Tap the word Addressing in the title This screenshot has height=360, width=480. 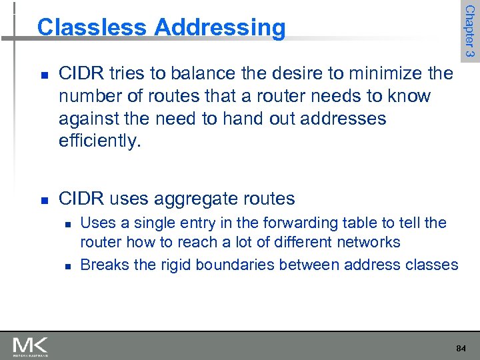pyautogui.click(x=219, y=27)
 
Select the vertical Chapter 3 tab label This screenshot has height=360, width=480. pyautogui.click(x=469, y=31)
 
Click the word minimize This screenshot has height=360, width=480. pyautogui.click(x=393, y=73)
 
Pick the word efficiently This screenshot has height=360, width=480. pyautogui.click(x=100, y=141)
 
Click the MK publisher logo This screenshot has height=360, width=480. pyautogui.click(x=31, y=346)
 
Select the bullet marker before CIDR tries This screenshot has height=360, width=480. pyautogui.click(x=42, y=74)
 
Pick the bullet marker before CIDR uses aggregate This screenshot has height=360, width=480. pyautogui.click(x=42, y=199)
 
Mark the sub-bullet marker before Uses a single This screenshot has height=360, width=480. pyautogui.click(x=67, y=223)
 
